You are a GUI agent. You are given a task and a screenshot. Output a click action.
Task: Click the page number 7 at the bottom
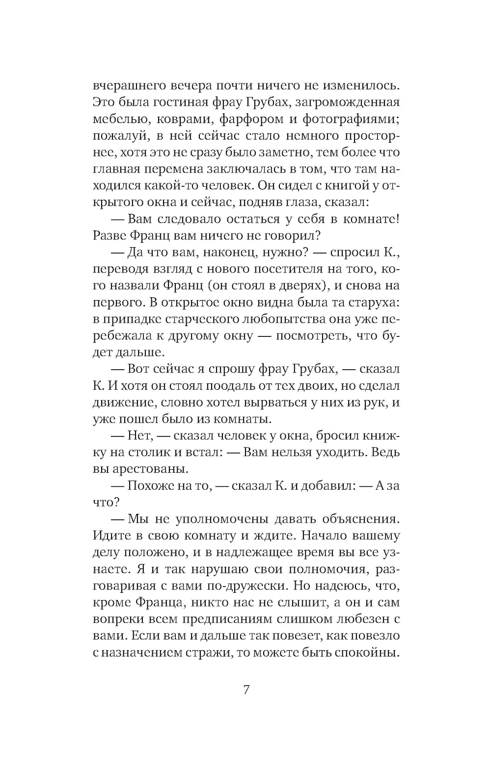(x=246, y=690)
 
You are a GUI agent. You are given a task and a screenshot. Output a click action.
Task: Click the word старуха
(x=372, y=302)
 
